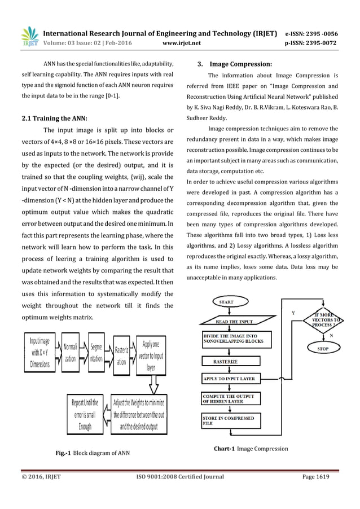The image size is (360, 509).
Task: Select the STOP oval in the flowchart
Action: tap(323, 349)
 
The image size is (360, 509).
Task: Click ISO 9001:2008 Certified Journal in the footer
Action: tap(181, 476)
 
